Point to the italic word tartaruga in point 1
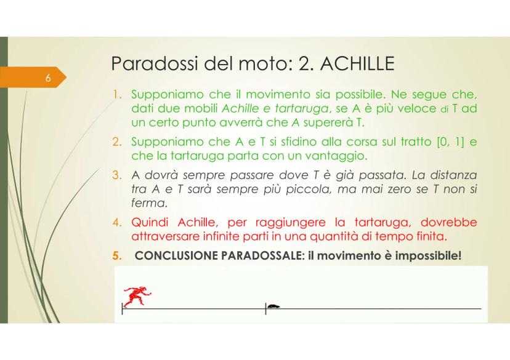[285, 110]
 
